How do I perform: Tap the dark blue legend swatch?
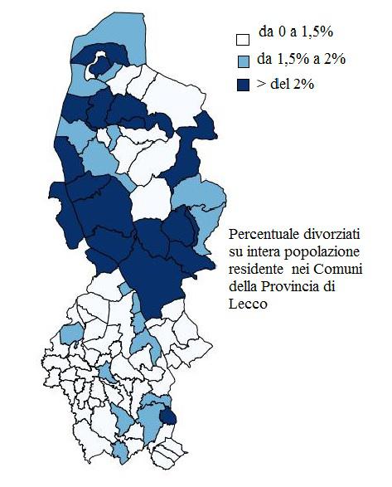pos(242,85)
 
